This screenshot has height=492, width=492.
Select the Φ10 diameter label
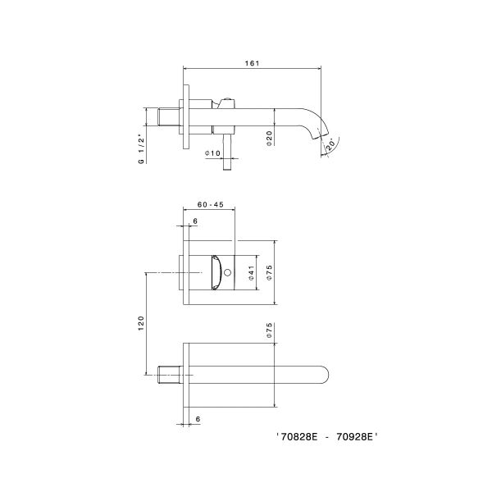213,153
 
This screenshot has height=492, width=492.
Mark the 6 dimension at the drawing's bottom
198,418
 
